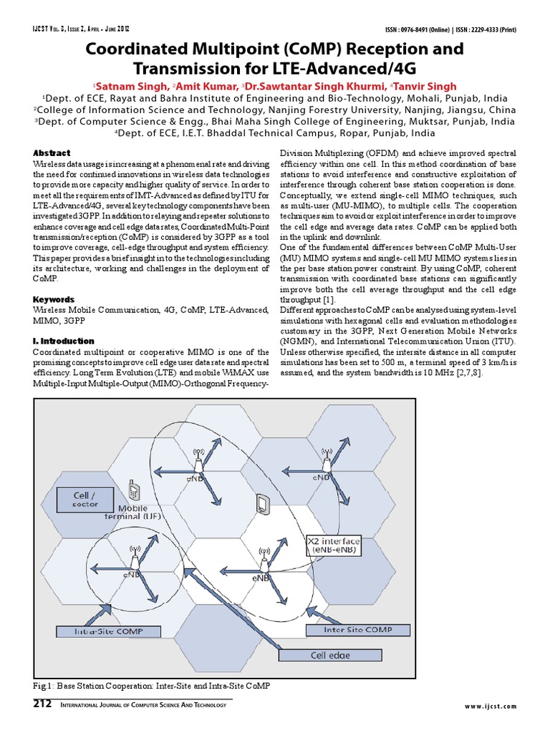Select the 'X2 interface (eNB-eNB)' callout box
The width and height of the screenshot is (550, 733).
334,545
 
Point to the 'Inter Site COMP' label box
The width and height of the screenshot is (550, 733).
348,630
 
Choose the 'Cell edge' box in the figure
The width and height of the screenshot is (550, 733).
330,654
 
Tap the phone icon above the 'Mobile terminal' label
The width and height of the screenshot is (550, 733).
132,491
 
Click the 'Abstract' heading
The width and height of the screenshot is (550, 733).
52,153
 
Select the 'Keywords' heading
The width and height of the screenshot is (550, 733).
54,298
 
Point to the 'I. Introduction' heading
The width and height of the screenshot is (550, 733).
64,341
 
